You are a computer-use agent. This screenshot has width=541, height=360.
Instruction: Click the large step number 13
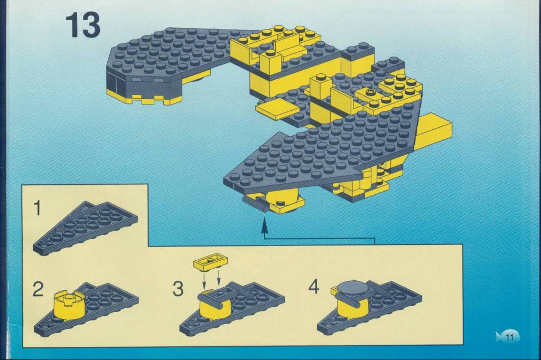(83, 25)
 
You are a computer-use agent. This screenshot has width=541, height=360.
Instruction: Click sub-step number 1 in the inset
(38, 209)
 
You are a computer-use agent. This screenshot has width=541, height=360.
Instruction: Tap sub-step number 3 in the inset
(178, 289)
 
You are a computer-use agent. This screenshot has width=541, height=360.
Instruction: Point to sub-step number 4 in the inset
(314, 287)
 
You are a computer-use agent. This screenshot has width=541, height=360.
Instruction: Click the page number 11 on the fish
(510, 337)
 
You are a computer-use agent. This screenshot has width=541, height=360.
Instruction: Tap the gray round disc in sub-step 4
(352, 288)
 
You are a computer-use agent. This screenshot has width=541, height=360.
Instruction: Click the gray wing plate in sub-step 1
(85, 228)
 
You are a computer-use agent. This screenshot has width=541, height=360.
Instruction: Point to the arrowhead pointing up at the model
(265, 227)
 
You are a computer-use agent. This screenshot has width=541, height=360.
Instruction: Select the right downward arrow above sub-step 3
(218, 278)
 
